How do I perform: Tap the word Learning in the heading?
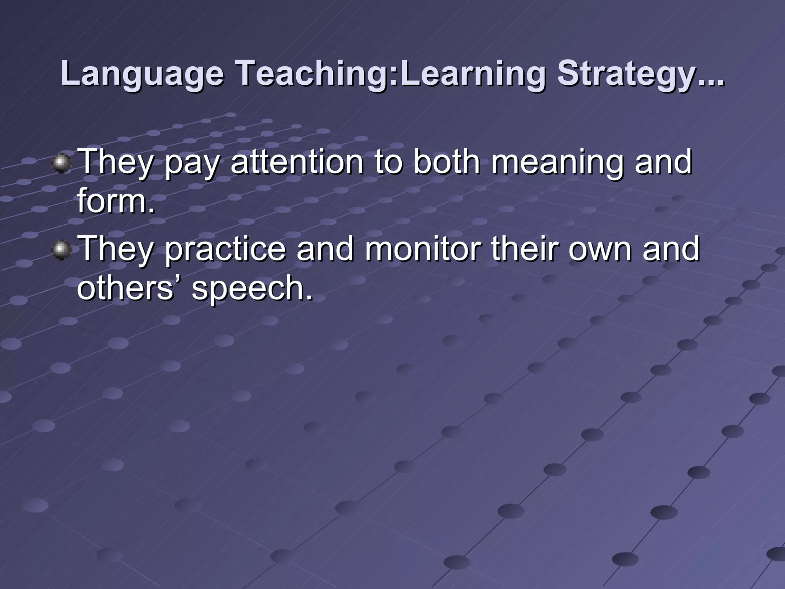coord(471,74)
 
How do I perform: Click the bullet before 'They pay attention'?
coord(61,164)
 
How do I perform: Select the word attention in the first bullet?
coord(297,162)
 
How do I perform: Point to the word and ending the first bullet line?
coord(663,162)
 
